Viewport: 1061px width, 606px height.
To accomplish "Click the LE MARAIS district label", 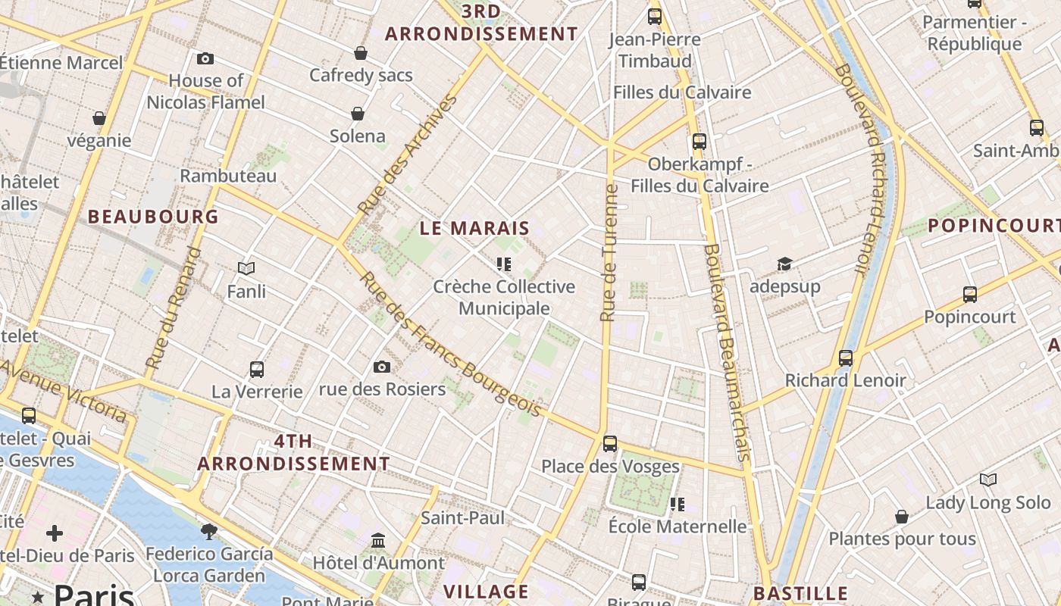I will pyautogui.click(x=474, y=228).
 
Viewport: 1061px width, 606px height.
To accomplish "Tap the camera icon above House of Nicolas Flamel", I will pyautogui.click(x=205, y=58).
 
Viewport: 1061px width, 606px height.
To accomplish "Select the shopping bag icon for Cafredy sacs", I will pyautogui.click(x=361, y=53).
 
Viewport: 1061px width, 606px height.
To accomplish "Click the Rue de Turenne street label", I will pyautogui.click(x=609, y=253).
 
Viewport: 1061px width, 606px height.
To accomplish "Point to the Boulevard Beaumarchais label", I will pyautogui.click(x=726, y=351).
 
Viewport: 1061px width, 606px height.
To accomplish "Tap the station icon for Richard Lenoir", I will pyautogui.click(x=846, y=358).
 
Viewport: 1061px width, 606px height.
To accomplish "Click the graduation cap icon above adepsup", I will pyautogui.click(x=784, y=264).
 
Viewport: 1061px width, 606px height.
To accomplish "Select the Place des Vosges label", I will pyautogui.click(x=610, y=466).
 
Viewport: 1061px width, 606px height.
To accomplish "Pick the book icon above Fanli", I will pyautogui.click(x=246, y=268).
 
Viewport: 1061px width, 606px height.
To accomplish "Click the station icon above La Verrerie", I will pyautogui.click(x=257, y=370).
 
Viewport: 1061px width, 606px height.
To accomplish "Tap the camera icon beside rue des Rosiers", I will pyautogui.click(x=382, y=367).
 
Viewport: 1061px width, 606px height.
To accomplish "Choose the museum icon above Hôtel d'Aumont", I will pyautogui.click(x=378, y=541).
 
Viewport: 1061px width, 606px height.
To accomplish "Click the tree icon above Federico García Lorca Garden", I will pyautogui.click(x=209, y=531).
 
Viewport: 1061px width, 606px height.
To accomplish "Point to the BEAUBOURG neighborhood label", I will pyautogui.click(x=153, y=217).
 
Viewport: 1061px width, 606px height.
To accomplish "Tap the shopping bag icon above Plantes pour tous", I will pyautogui.click(x=902, y=517).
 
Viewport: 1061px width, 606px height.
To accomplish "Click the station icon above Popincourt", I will pyautogui.click(x=970, y=294).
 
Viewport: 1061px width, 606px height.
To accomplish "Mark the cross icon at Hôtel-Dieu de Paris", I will pyautogui.click(x=55, y=533).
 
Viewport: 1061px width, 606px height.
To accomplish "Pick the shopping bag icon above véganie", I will pyautogui.click(x=99, y=118).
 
